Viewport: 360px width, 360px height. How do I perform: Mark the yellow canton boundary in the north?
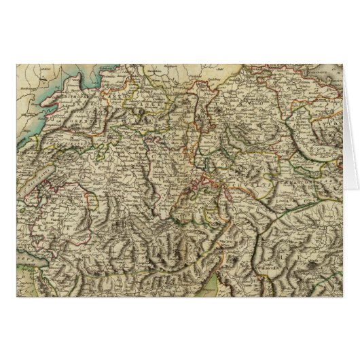click(170, 102)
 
